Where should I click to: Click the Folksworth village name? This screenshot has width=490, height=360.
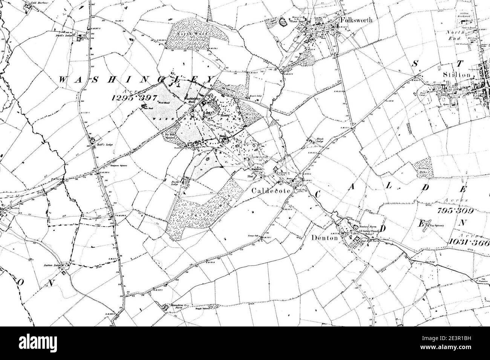click(x=356, y=20)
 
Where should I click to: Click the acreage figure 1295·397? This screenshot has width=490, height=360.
click(x=135, y=97)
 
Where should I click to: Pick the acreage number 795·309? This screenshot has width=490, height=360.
click(x=455, y=211)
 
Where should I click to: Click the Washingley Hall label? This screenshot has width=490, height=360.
click(x=193, y=100)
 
